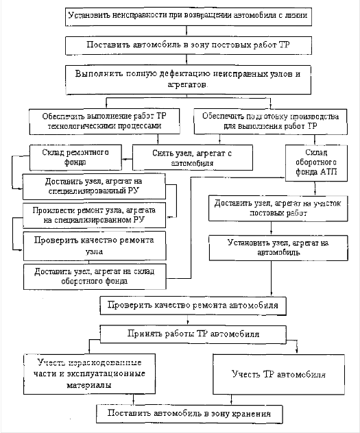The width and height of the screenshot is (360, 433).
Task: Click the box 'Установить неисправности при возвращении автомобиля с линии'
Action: (x=189, y=17)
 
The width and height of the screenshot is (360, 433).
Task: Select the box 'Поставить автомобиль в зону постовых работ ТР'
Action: (x=189, y=45)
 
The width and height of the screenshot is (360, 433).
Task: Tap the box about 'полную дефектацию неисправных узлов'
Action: (x=188, y=79)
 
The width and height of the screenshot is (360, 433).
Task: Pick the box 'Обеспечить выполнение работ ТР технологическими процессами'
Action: (x=104, y=121)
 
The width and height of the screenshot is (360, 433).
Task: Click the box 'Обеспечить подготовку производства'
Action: (x=270, y=121)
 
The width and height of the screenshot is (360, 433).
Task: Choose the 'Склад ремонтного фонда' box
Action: (x=75, y=158)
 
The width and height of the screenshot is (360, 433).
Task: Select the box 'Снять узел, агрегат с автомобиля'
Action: (x=193, y=158)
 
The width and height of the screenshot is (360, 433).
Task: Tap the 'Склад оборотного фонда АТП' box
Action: (x=316, y=163)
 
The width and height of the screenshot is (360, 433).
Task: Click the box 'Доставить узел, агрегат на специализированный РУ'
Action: (x=94, y=186)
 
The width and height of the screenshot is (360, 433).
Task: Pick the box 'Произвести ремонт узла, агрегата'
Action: (x=94, y=215)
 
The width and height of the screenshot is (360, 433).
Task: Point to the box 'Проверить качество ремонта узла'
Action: (x=95, y=246)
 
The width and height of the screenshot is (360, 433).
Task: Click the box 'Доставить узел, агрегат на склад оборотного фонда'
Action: (x=95, y=277)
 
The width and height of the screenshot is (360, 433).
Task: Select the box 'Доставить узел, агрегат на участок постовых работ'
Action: (x=278, y=208)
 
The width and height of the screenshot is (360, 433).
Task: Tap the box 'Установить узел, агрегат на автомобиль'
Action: (x=278, y=248)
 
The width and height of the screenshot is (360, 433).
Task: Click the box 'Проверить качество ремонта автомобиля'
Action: (x=193, y=306)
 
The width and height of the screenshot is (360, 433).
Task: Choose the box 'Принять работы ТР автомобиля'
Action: (x=193, y=334)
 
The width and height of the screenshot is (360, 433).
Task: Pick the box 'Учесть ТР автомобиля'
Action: (x=279, y=374)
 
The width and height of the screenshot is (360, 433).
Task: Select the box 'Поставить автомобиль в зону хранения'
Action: (x=189, y=414)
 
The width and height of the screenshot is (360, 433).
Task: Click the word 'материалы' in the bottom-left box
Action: (x=89, y=385)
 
